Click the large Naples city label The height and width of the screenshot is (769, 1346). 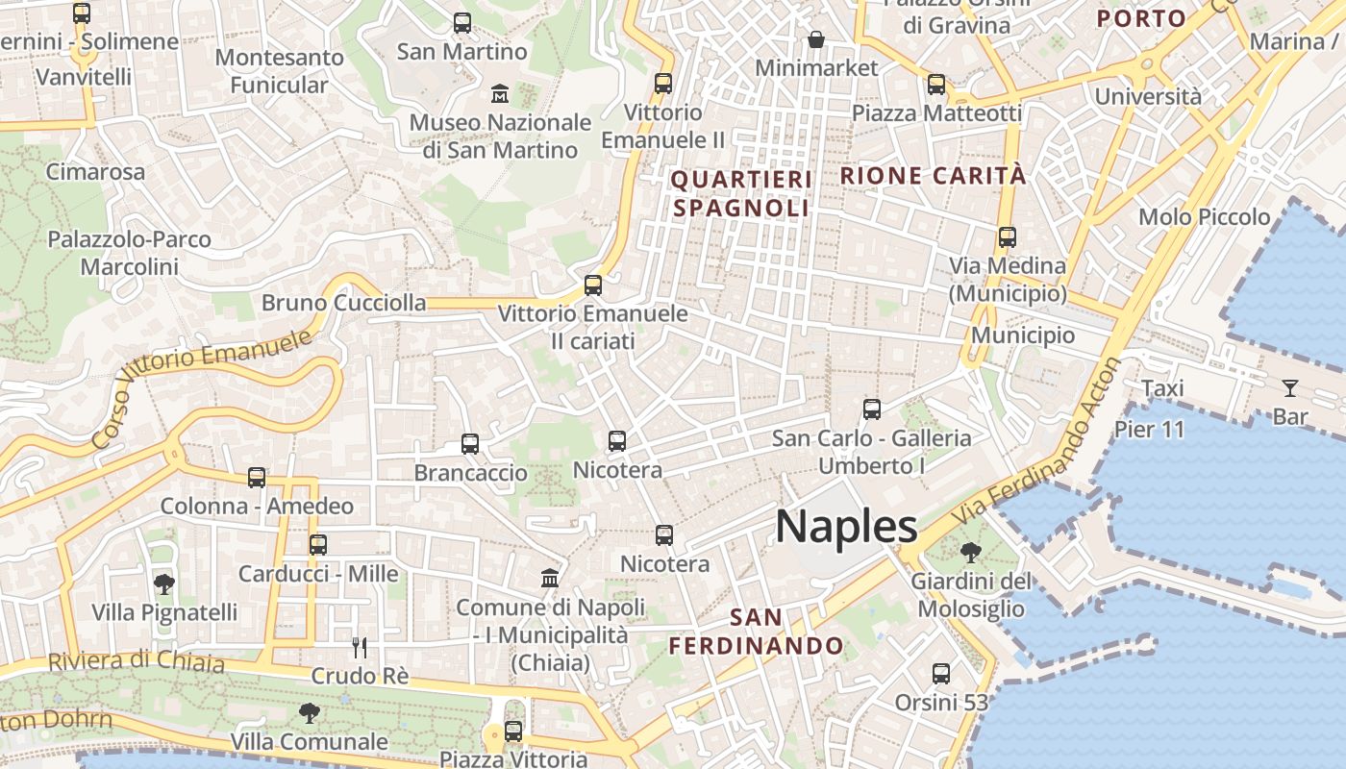(846, 527)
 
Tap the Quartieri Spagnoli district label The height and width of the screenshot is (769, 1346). (741, 193)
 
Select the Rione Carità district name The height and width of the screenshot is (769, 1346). (934, 176)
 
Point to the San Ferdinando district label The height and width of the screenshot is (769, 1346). (756, 631)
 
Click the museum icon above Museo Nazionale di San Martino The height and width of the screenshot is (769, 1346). (500, 94)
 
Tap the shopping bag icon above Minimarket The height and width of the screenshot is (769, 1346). (816, 39)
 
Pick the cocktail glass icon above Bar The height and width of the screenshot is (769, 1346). (1289, 388)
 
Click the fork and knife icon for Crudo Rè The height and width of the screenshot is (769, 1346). (360, 647)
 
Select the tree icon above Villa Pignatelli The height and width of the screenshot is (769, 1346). (164, 583)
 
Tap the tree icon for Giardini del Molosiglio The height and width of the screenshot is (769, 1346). (971, 552)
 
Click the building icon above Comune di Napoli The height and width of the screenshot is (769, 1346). (550, 578)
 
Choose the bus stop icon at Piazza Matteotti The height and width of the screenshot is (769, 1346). (936, 85)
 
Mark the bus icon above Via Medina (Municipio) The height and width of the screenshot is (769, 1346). (1007, 236)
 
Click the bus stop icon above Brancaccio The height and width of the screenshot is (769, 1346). (469, 443)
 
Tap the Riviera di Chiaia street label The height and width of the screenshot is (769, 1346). (136, 661)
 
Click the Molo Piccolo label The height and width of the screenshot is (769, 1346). (1204, 217)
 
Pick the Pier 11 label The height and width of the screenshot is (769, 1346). (1150, 429)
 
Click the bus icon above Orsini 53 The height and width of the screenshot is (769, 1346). (941, 674)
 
